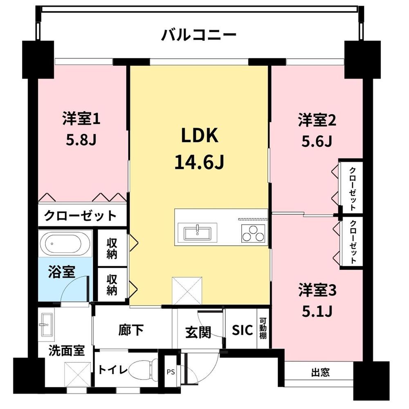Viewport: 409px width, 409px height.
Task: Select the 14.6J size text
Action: (200, 162)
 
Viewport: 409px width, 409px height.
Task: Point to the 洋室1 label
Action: (81, 119)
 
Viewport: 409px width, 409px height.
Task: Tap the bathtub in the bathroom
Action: (65, 244)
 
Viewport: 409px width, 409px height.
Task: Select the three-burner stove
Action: (253, 234)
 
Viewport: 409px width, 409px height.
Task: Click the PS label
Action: (171, 372)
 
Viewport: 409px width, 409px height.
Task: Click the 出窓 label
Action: (320, 373)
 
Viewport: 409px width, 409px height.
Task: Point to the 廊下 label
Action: (131, 330)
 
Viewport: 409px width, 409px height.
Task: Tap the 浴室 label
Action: (61, 272)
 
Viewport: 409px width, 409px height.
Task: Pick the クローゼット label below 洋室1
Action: (80, 216)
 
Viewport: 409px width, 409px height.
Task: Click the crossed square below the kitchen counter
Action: (187, 291)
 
